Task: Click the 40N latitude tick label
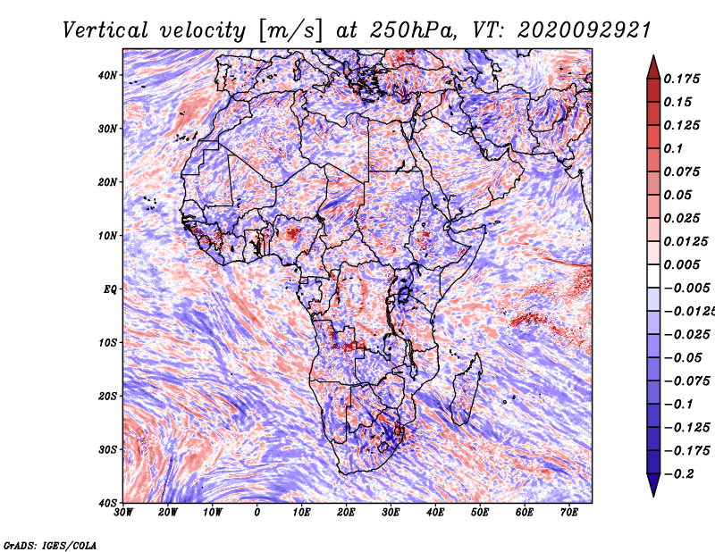tap(107, 75)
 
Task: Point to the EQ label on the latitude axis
tap(110, 289)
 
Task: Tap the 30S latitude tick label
tap(107, 449)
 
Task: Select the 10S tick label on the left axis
tap(107, 342)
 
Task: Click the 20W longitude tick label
tap(168, 513)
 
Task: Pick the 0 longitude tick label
tap(257, 513)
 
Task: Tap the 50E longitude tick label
tap(480, 513)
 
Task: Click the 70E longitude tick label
tap(568, 513)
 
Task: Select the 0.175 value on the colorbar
tap(681, 79)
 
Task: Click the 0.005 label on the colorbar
tap(681, 264)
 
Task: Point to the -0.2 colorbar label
tap(679, 474)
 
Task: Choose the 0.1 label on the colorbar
tap(674, 148)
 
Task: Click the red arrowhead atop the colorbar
tap(653, 68)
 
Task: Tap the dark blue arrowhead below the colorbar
tap(653, 485)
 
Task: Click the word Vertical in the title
tap(105, 30)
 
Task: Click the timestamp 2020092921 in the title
tap(584, 30)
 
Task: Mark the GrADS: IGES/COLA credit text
tap(50, 545)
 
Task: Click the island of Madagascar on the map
tap(467, 389)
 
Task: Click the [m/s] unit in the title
tap(290, 31)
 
